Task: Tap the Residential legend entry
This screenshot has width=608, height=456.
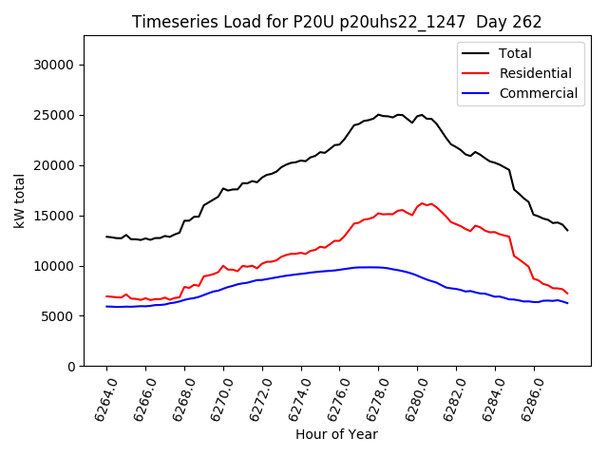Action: point(535,73)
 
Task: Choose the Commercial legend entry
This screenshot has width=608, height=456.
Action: point(538,93)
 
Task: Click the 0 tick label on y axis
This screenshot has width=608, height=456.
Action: point(70,367)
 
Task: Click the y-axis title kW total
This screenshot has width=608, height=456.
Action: point(19,200)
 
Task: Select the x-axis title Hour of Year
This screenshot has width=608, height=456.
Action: point(336,434)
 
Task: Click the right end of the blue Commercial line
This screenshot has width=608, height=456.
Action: point(567,303)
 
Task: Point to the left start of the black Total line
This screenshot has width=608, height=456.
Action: point(106,237)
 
